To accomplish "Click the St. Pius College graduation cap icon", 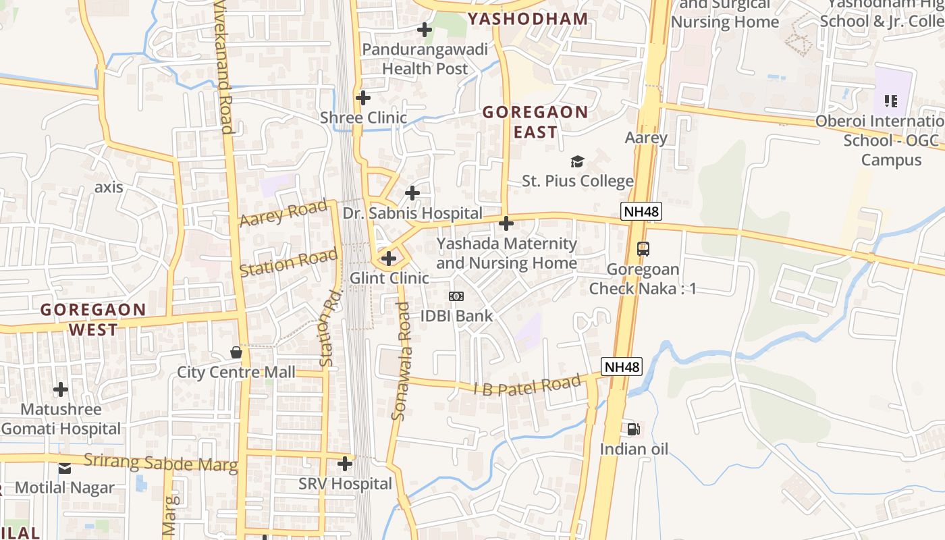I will coord(577,161).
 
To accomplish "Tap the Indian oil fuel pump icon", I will coord(633,429).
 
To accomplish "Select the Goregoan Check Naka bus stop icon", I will coord(643,248).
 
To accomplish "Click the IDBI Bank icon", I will coord(456,296).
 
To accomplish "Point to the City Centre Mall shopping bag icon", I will coord(236,352).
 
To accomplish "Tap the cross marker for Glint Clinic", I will coord(389,258).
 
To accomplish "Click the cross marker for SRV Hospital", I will coord(345,464).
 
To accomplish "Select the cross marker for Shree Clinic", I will coord(363,98).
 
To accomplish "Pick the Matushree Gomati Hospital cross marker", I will coord(61,389).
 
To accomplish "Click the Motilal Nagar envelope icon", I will coord(65,468).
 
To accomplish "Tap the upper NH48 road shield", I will coord(641,211).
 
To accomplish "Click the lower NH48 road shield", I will coord(621,367).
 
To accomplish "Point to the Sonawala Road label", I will coord(401,361).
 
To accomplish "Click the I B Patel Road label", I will coord(526,386).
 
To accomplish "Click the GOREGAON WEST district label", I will coord(93,319).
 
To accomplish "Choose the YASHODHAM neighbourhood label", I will coord(527,19).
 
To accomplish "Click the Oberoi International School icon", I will coord(891,101).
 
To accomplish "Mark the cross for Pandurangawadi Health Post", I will coord(425,30).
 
